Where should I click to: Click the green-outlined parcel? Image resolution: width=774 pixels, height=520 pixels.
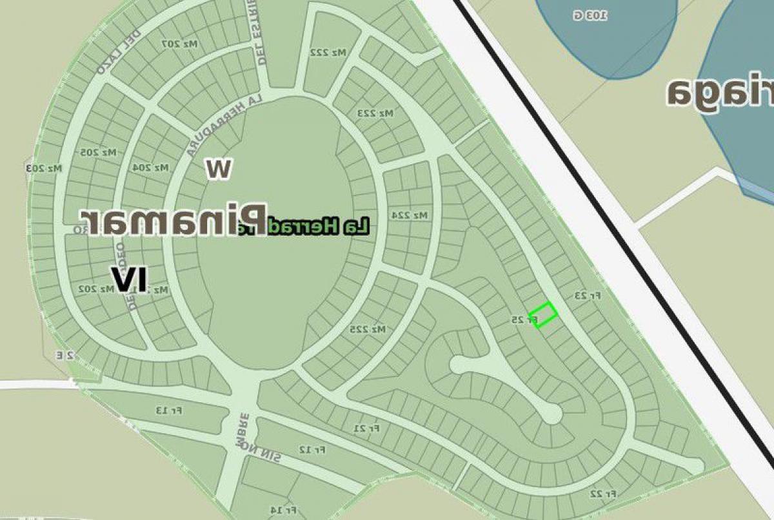click(543, 314)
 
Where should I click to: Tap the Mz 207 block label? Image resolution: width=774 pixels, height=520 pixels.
click(179, 44)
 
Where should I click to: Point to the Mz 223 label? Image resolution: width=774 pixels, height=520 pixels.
click(375, 113)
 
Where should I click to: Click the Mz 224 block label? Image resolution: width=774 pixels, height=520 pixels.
click(410, 215)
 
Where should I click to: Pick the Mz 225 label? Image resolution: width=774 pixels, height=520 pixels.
click(368, 329)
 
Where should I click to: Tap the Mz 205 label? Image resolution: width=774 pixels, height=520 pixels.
click(99, 152)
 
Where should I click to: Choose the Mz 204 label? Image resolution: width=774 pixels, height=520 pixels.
click(150, 168)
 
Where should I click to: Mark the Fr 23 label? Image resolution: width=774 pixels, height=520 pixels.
click(587, 296)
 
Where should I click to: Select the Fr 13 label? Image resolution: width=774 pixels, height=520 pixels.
click(169, 410)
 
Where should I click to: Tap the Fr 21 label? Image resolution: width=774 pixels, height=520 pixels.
click(367, 428)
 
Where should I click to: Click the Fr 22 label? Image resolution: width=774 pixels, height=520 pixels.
click(602, 494)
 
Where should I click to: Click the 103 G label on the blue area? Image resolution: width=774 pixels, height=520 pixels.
click(590, 15)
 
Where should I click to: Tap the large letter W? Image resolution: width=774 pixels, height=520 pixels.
click(218, 168)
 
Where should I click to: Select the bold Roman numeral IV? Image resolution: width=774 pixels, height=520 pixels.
click(129, 279)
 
